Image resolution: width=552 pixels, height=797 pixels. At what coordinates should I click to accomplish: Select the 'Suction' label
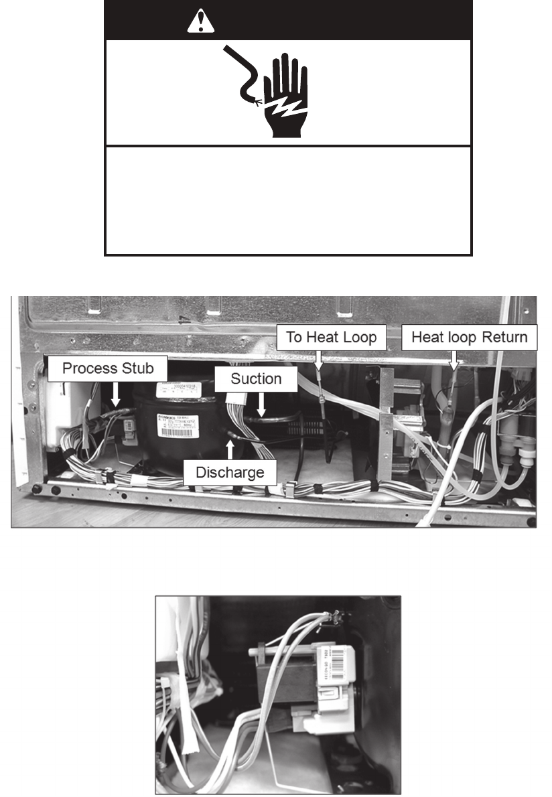click(256, 379)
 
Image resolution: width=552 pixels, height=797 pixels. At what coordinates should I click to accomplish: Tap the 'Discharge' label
click(230, 472)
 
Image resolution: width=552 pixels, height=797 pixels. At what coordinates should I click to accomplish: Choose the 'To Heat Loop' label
click(331, 337)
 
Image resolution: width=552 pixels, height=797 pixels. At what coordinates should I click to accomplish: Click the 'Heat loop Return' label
click(469, 337)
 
